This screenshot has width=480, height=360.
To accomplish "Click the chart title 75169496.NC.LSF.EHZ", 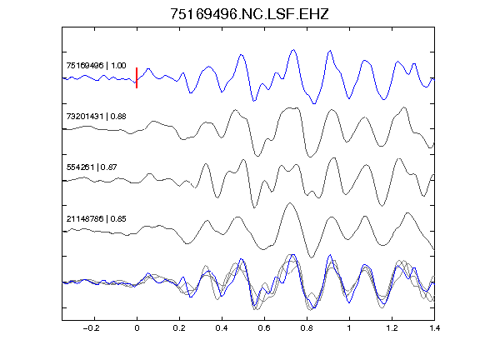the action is [249, 14].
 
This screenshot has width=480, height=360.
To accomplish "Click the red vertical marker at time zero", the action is [137, 77].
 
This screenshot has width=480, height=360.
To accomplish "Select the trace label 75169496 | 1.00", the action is [96, 66].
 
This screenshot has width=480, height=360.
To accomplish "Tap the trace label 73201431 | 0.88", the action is [96, 117].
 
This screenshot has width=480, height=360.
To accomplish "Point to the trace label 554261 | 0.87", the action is [92, 167].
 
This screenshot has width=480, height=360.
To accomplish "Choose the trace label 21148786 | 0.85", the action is [96, 218].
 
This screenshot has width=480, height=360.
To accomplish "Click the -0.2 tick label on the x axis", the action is [91, 328].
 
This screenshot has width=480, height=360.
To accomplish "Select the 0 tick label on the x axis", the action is [137, 328].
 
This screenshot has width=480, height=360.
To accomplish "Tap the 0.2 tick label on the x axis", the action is [179, 328].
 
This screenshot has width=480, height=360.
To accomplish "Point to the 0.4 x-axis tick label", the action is [222, 328].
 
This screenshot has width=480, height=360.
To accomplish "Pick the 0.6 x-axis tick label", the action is [264, 328].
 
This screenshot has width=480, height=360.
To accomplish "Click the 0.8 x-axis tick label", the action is [307, 328].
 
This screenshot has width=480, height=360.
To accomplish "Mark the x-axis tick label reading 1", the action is [349, 328].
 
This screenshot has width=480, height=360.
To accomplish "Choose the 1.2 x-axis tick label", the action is [392, 328].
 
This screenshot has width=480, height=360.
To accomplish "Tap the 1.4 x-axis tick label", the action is [434, 328].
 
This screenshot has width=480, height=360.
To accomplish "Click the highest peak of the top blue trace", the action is [293, 50].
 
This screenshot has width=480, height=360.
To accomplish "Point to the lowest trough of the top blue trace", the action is [314, 103].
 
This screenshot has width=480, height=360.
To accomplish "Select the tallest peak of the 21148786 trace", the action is [290, 203].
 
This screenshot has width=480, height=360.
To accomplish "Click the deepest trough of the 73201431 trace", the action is [310, 157].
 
